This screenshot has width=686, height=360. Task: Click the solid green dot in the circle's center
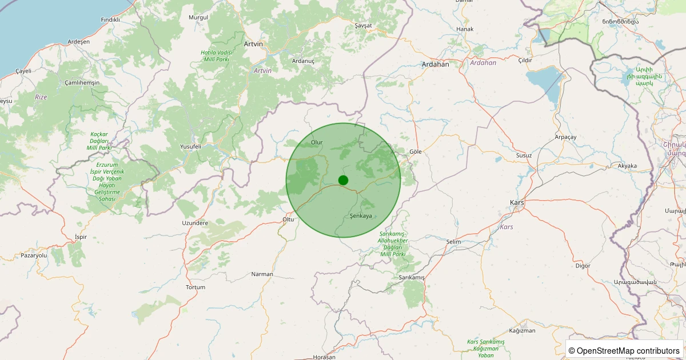[343, 180]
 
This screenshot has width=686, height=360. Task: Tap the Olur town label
[317, 142]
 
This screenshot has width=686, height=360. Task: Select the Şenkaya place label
[361, 216]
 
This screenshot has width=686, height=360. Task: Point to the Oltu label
[288, 219]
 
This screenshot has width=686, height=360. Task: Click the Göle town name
[416, 151]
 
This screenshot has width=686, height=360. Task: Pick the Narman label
[262, 274]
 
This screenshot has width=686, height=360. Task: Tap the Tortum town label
[196, 287]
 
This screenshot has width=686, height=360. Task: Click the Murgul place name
[198, 17]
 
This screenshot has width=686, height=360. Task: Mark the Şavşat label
[363, 26]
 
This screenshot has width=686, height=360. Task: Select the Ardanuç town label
[303, 61]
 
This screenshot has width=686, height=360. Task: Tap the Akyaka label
[627, 166]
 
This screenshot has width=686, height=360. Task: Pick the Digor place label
[583, 266]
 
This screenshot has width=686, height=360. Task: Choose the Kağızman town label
[522, 331]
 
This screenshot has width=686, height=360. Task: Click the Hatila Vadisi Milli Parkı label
[215, 55]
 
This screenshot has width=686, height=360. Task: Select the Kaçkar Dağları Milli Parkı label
[99, 141]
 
